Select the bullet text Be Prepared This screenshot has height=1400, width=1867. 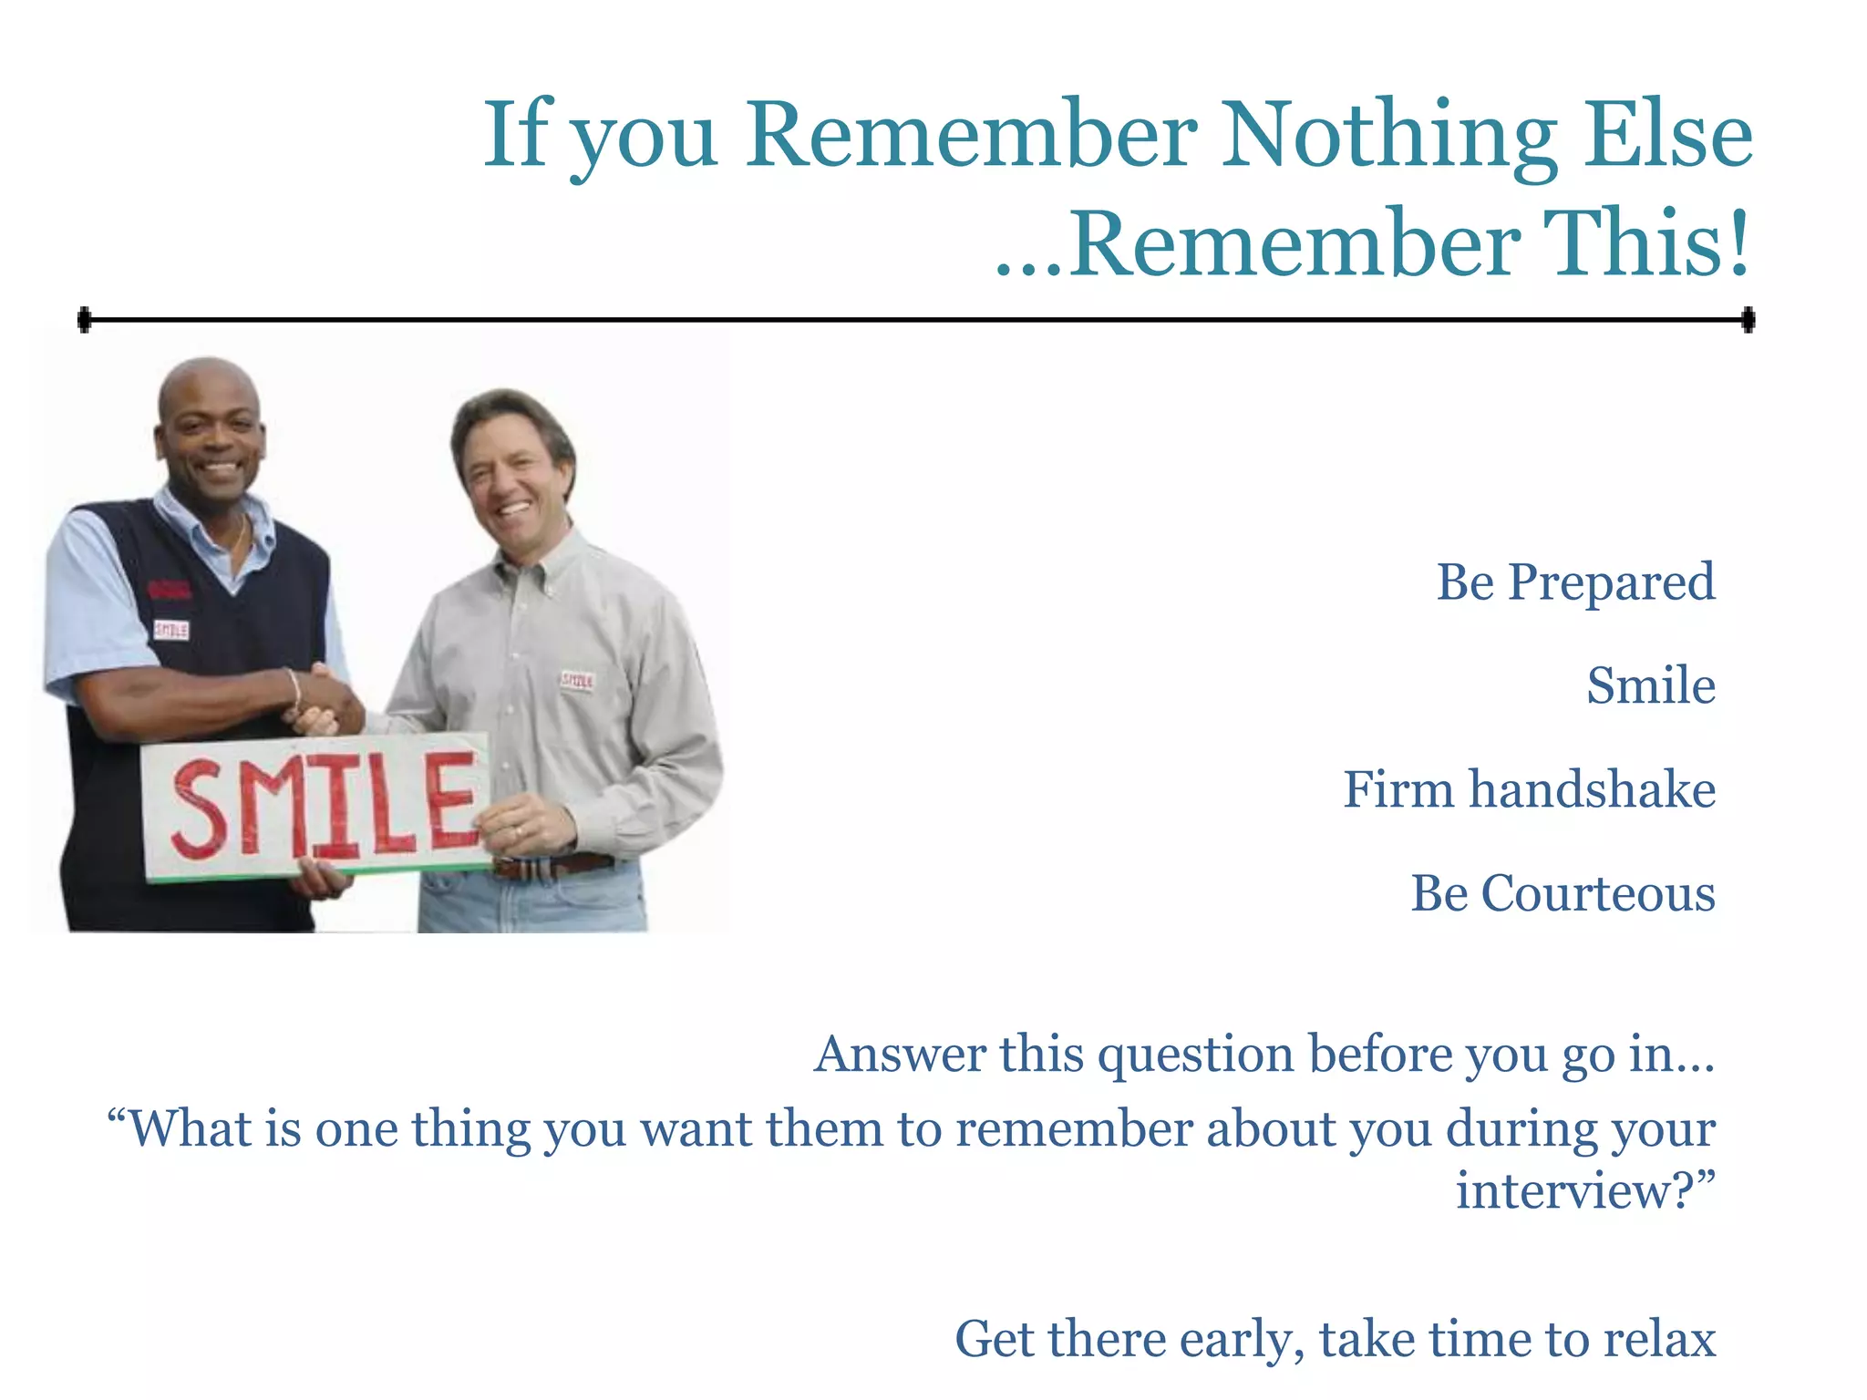[x=1575, y=582]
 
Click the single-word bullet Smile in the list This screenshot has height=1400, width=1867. [x=1651, y=685]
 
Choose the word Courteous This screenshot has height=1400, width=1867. [x=1597, y=893]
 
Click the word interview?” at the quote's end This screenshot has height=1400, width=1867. [x=1584, y=1191]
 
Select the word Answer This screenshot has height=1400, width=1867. [x=899, y=1055]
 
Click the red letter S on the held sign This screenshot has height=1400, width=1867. [x=200, y=810]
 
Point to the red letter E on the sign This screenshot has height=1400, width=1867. [x=452, y=800]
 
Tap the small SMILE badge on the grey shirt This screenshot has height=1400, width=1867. [x=577, y=681]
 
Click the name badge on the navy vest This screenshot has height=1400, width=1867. [x=171, y=630]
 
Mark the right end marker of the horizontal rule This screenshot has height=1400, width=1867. [x=1748, y=320]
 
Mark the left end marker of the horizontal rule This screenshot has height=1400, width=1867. [x=84, y=320]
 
